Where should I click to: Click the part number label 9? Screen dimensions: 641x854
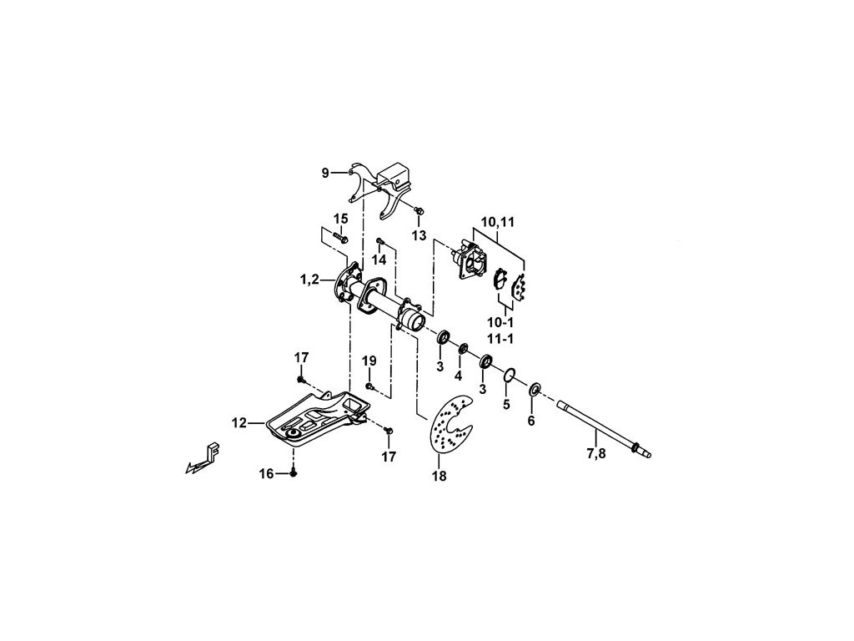(x=325, y=173)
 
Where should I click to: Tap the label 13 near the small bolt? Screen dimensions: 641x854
(x=419, y=235)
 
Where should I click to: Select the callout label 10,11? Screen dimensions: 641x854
(x=497, y=222)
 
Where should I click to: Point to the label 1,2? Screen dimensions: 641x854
(x=309, y=280)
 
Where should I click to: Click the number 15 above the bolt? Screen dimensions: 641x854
(x=340, y=219)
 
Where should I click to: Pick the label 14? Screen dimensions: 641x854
(x=379, y=260)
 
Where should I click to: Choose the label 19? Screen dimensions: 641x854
(x=369, y=361)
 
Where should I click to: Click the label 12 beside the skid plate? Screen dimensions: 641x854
(x=239, y=423)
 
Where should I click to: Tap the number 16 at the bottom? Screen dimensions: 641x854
(x=266, y=473)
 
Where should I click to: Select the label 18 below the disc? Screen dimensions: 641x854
(x=439, y=477)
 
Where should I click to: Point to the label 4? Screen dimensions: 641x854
(x=458, y=376)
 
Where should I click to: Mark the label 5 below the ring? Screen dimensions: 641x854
(x=505, y=405)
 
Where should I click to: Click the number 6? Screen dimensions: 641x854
(x=531, y=421)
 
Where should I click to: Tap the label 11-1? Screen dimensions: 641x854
(x=501, y=340)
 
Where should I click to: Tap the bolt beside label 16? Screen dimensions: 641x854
(x=294, y=473)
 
